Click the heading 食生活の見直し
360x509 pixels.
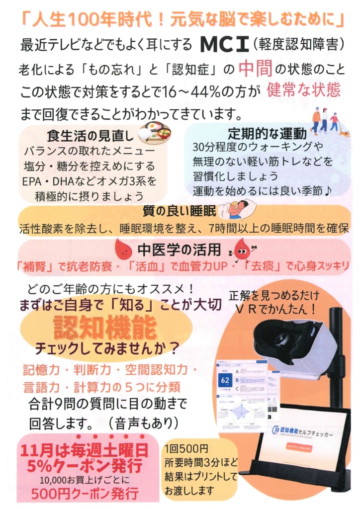coord(90,135)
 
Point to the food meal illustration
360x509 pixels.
coord(155,132)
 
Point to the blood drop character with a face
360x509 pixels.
coord(242,248)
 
